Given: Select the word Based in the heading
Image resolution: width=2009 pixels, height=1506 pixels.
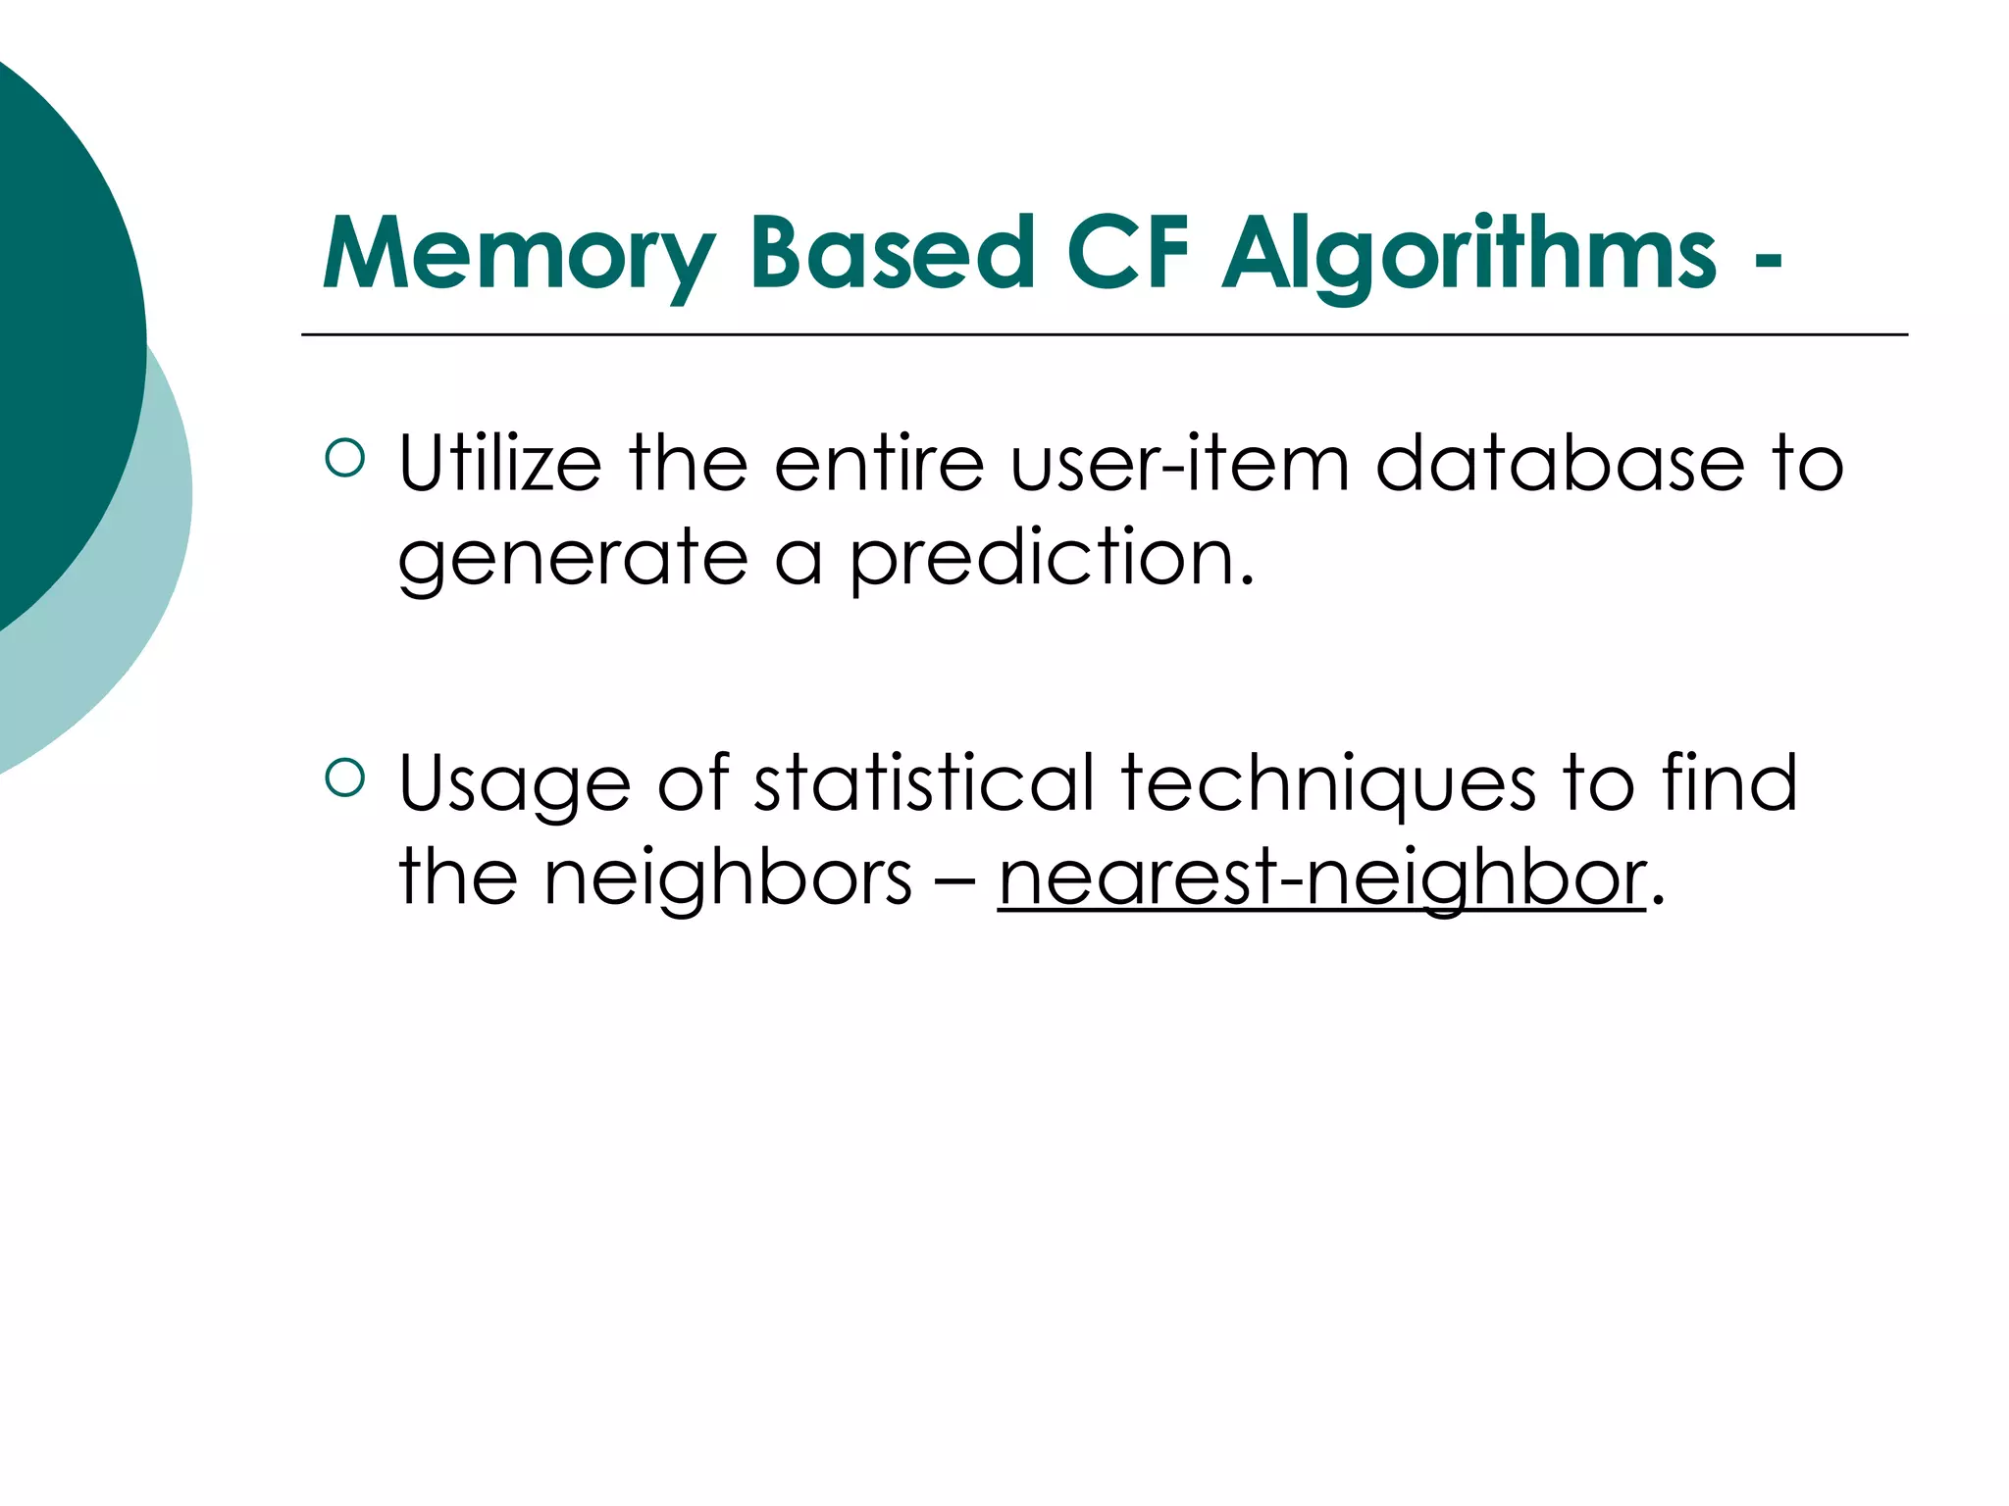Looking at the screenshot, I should [x=892, y=252].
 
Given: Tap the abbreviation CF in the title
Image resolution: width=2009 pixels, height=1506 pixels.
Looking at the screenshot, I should [x=1127, y=252].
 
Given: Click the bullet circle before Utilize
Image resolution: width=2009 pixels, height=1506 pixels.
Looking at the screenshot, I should [x=344, y=457].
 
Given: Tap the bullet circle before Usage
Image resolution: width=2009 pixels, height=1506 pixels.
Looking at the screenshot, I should [x=344, y=778].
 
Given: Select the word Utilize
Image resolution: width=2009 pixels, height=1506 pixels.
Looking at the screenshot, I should [x=499, y=463].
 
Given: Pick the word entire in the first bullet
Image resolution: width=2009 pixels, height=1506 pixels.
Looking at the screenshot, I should [x=879, y=463].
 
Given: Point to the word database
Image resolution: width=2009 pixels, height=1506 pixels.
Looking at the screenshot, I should [x=1560, y=463].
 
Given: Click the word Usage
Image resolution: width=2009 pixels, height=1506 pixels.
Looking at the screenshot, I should [x=515, y=784].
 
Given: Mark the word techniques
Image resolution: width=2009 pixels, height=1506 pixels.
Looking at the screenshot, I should [x=1329, y=784].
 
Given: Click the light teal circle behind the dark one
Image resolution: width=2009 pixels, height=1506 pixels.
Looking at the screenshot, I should [x=147, y=588].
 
